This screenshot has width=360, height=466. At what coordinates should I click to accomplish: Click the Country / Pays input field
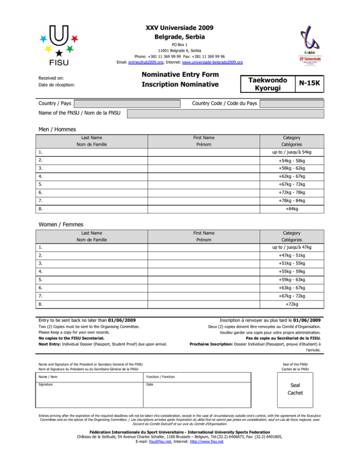coord(127,103)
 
